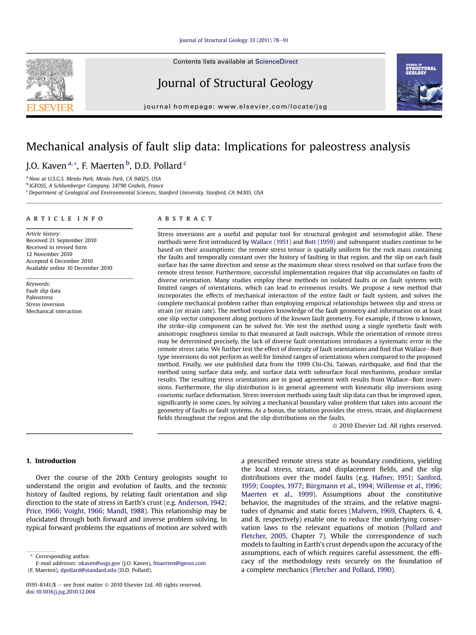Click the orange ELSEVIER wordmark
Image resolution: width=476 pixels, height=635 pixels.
pyautogui.click(x=50, y=108)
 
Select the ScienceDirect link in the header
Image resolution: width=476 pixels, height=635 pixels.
pyautogui.click(x=276, y=61)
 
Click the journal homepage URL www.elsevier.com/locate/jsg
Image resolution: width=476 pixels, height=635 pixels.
pyautogui.click(x=272, y=107)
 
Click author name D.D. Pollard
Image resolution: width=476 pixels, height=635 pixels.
pyautogui.click(x=158, y=166)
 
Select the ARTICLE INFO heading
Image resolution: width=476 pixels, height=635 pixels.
pyautogui.click(x=65, y=218)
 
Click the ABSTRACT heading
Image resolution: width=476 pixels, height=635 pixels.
pyautogui.click(x=185, y=218)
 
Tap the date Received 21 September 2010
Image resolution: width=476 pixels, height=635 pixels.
pyautogui.click(x=61, y=240)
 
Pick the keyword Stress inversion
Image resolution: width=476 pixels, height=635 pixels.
pyautogui.click(x=45, y=304)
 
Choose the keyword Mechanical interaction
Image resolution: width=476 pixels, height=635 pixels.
pyautogui.click(x=54, y=311)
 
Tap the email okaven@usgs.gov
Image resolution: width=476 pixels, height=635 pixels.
pyautogui.click(x=99, y=563)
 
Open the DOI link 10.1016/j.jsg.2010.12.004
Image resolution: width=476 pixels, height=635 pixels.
pyautogui.click(x=65, y=592)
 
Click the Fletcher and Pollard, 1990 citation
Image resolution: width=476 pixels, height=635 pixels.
pyautogui.click(x=352, y=570)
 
